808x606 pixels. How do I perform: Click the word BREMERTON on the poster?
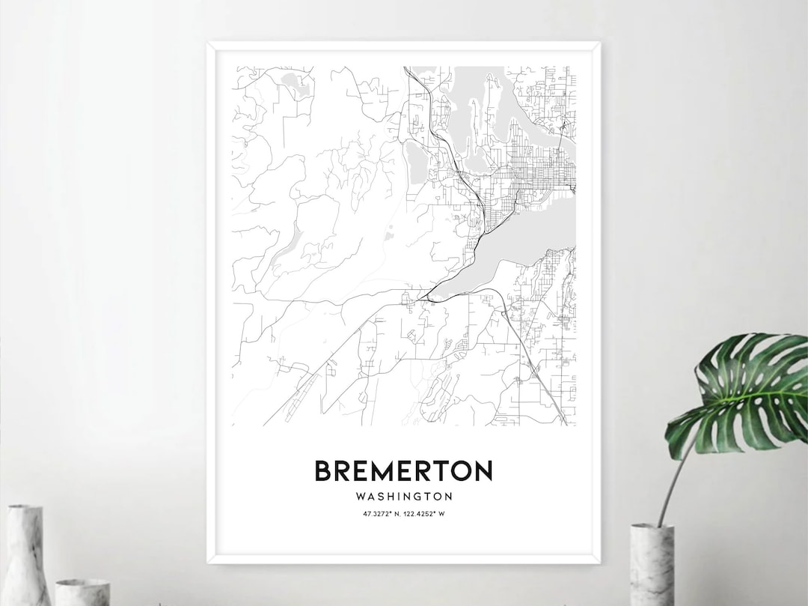tap(403, 471)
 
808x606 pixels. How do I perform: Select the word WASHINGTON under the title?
tap(404, 496)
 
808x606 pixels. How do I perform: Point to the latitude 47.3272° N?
tap(379, 513)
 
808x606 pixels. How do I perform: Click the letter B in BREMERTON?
tap(322, 471)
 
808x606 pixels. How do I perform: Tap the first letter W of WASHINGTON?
tap(361, 496)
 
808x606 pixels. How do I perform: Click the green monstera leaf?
tap(741, 390)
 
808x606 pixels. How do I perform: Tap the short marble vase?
tap(82, 592)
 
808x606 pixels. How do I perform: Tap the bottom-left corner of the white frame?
tap(209, 561)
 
